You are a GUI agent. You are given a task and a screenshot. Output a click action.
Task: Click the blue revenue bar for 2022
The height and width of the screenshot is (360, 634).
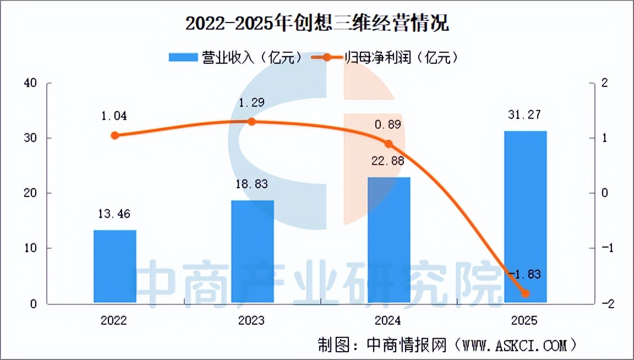click(x=115, y=266)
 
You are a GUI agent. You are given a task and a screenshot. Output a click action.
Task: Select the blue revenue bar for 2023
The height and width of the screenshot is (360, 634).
click(x=252, y=251)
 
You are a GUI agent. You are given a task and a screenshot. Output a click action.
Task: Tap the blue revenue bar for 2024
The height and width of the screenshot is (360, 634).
click(x=389, y=240)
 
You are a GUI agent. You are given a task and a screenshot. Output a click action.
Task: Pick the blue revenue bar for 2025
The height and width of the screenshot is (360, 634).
click(x=525, y=217)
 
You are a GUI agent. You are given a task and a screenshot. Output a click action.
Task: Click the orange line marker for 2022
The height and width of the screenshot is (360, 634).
click(x=115, y=135)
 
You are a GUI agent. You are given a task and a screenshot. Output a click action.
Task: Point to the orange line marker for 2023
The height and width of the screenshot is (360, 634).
click(x=252, y=122)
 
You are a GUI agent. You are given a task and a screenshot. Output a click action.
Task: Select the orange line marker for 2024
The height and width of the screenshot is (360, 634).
click(x=389, y=144)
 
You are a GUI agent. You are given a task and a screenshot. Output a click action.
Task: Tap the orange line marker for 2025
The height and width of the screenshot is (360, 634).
click(x=525, y=293)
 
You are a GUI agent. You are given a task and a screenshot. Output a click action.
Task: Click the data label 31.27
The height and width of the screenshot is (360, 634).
click(x=524, y=115)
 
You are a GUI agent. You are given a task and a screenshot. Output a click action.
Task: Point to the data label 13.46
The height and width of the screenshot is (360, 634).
click(x=114, y=214)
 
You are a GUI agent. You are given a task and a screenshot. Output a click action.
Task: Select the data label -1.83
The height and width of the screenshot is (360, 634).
click(x=524, y=274)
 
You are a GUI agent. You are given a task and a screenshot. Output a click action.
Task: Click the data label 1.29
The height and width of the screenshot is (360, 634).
click(x=252, y=103)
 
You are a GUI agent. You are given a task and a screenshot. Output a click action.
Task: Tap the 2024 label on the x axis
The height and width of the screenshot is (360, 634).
click(x=388, y=320)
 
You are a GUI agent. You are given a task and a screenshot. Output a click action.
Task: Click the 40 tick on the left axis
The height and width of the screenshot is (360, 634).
click(x=30, y=83)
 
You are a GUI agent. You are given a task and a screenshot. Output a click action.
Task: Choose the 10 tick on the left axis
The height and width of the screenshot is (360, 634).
click(x=30, y=248)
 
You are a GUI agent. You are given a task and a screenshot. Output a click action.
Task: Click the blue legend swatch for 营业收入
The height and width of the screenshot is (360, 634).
click(x=183, y=57)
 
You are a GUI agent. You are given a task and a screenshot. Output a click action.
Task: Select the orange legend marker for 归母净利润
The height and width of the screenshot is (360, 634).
click(x=327, y=57)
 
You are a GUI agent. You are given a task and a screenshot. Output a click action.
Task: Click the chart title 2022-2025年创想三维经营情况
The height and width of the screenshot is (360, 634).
click(x=318, y=23)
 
